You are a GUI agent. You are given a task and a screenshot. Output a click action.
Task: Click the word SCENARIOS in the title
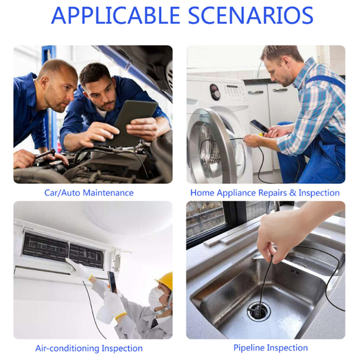251,15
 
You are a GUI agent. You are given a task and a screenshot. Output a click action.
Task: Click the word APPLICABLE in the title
115,15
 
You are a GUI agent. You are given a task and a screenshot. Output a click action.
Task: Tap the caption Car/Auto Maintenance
89,193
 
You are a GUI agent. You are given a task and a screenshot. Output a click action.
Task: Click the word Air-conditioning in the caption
67,349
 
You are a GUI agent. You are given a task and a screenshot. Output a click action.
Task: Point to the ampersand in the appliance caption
293,193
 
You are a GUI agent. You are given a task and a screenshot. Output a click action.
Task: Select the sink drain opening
259,311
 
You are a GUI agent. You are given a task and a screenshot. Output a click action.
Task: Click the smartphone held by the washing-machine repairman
259,126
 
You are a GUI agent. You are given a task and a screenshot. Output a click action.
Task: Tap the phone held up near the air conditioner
112,282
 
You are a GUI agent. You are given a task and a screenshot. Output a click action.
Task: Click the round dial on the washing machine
215,92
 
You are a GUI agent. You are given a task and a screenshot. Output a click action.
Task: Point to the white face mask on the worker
155,297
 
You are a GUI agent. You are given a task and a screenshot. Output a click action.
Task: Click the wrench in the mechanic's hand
45,154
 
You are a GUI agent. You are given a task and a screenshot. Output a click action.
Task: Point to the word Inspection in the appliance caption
319,193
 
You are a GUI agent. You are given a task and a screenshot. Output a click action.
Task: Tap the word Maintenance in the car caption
108,193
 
